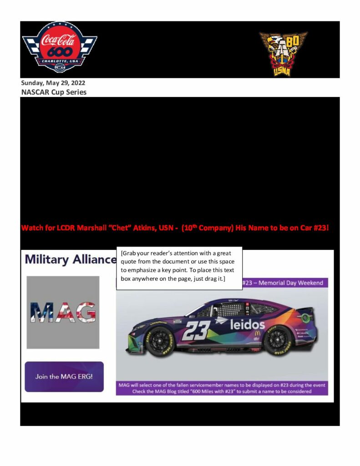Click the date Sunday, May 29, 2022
tap(53, 83)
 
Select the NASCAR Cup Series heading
tap(54, 92)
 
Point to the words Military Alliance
tap(71, 259)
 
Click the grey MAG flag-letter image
tap(63, 312)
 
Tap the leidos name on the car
tap(247, 324)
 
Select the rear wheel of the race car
tap(278, 339)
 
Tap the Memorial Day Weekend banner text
tap(285, 283)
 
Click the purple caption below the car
tap(222, 388)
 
